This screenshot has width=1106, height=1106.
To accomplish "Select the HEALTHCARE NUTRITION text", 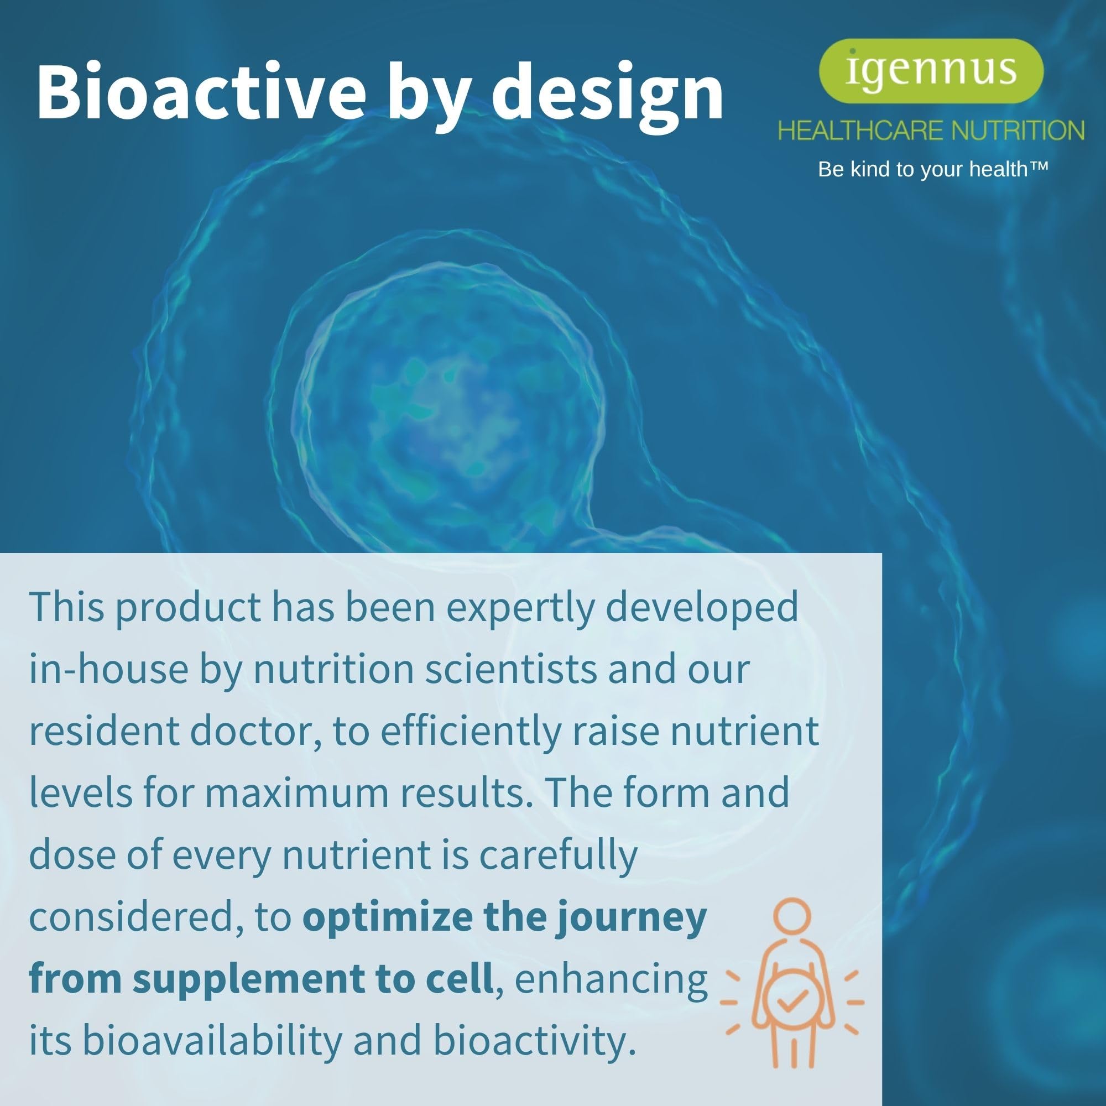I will coord(931,131).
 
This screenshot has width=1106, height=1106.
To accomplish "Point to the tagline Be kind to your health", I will coord(923,169).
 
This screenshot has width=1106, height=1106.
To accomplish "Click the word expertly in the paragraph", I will coord(520,608).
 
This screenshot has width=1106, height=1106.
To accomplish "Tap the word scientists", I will coord(510,669).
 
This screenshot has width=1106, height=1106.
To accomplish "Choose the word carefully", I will coord(558,856).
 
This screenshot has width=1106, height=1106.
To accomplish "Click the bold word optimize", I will coord(387,917).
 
